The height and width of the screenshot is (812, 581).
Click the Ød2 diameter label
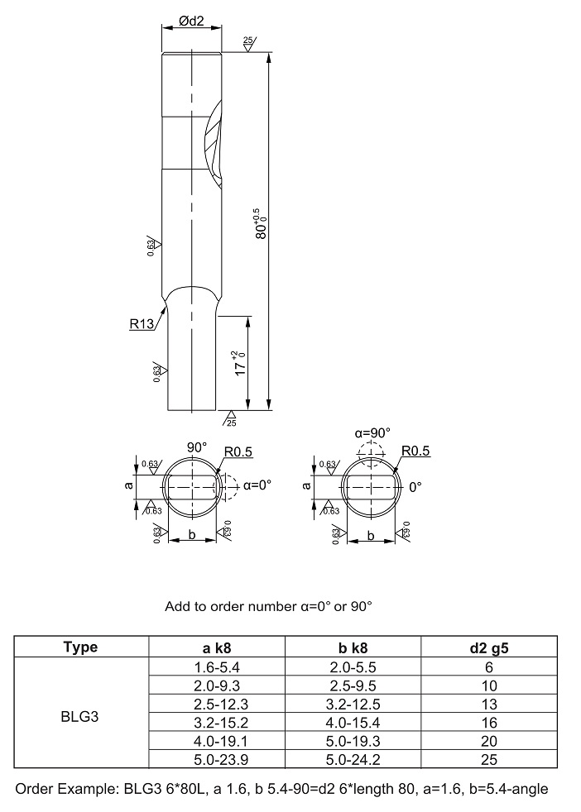click(x=192, y=21)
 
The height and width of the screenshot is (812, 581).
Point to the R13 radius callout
click(x=142, y=324)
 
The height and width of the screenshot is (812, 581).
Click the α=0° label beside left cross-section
click(x=257, y=485)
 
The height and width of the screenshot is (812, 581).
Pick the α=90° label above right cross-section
click(x=372, y=432)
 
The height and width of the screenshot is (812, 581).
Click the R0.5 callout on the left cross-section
click(x=238, y=452)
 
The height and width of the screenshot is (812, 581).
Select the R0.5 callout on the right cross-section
click(x=415, y=451)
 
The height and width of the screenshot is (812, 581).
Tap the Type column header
click(x=80, y=647)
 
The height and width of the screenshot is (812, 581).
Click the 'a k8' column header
click(x=217, y=647)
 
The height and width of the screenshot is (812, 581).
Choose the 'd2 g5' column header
click(x=489, y=647)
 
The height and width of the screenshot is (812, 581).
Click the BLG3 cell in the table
click(x=79, y=717)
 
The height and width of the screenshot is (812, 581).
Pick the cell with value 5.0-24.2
click(x=353, y=760)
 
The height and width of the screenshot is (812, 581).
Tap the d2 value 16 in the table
click(x=489, y=723)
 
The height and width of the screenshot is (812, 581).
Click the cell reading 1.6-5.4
click(x=217, y=667)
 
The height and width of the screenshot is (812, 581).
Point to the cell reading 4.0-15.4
click(x=353, y=723)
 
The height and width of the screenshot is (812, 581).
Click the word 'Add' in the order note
click(x=176, y=606)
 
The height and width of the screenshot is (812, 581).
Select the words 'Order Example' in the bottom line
click(x=65, y=789)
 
